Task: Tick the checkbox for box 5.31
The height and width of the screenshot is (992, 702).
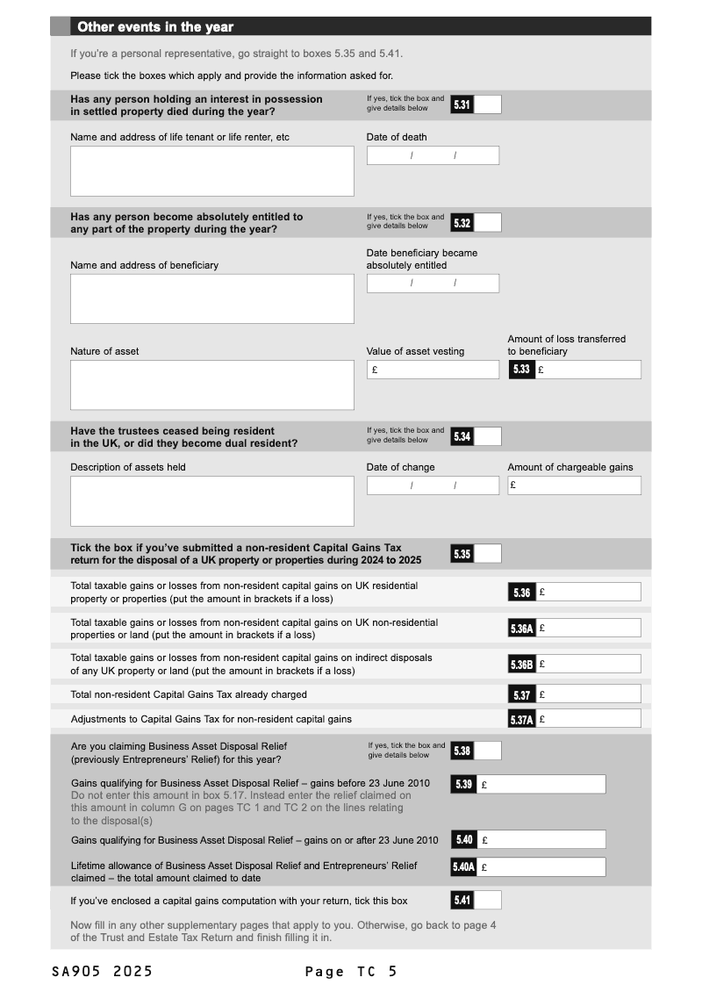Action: point(487,104)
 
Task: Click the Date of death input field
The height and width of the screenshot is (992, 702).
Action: point(433,155)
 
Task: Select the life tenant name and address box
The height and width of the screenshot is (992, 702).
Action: point(211,170)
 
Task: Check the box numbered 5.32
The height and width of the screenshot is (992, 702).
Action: point(487,223)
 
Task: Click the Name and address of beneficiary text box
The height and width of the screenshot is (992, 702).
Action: point(211,298)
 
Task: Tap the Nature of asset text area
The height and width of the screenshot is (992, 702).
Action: point(211,385)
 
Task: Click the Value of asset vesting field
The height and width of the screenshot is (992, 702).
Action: point(433,370)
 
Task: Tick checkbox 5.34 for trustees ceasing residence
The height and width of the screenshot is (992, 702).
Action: point(487,436)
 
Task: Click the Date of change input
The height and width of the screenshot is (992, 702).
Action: point(433,485)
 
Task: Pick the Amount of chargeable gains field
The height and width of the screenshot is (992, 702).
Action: point(574,485)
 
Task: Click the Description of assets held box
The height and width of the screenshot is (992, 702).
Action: point(211,501)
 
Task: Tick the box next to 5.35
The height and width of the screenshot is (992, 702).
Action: point(487,554)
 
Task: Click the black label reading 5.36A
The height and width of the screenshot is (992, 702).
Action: point(521,629)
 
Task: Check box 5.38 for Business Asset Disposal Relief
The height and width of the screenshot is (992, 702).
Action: point(487,751)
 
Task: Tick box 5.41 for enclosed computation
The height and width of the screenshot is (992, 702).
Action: point(487,900)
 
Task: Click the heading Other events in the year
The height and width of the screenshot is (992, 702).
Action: point(155,26)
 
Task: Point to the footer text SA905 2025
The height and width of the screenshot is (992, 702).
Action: point(102,971)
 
